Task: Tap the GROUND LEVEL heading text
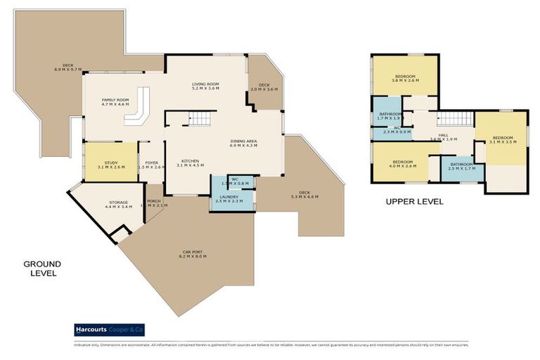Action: click(42, 269)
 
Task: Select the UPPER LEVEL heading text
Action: click(414, 201)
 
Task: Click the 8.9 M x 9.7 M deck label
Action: click(68, 67)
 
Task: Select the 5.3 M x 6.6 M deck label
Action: click(304, 194)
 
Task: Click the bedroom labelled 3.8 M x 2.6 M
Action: click(404, 78)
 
